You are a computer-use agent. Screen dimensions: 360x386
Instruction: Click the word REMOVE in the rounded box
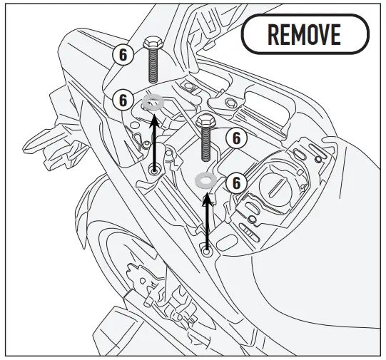point(305,34)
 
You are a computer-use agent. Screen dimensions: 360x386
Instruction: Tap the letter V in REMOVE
point(326,34)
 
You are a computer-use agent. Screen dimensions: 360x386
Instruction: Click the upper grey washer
point(153,103)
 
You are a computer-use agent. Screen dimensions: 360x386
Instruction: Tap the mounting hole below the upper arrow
point(155,171)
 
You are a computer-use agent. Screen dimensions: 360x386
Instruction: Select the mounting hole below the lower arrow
point(207,250)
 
